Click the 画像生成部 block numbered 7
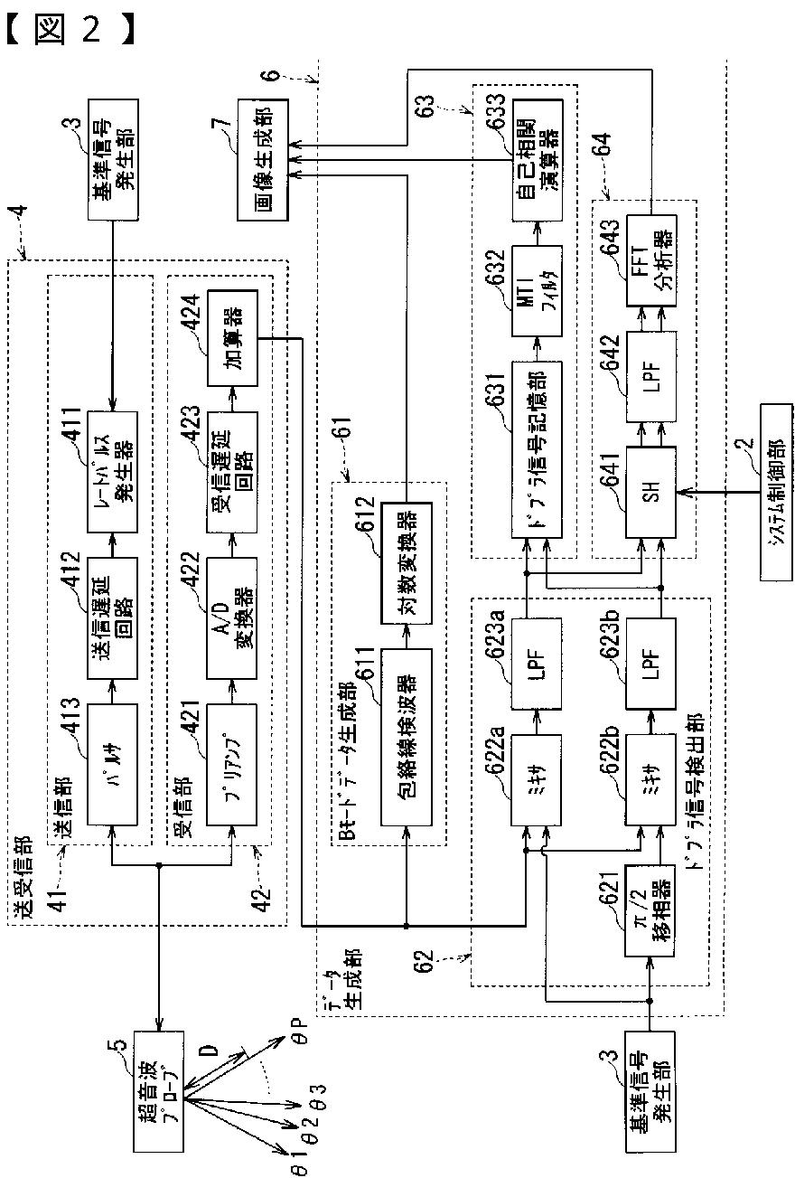262,160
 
